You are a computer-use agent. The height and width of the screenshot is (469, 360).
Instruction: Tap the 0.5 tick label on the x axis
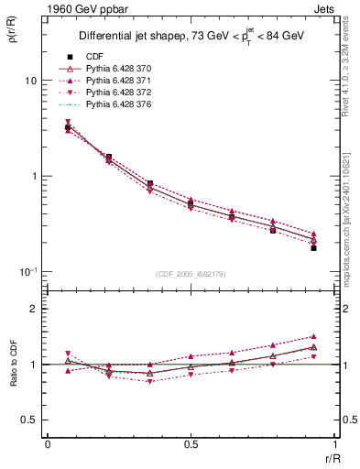(191, 445)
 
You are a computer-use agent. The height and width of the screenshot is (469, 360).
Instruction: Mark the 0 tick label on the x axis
(48, 445)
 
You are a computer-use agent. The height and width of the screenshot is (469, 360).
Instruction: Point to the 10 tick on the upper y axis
(30, 81)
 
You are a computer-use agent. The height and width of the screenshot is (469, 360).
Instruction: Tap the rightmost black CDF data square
(313, 248)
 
